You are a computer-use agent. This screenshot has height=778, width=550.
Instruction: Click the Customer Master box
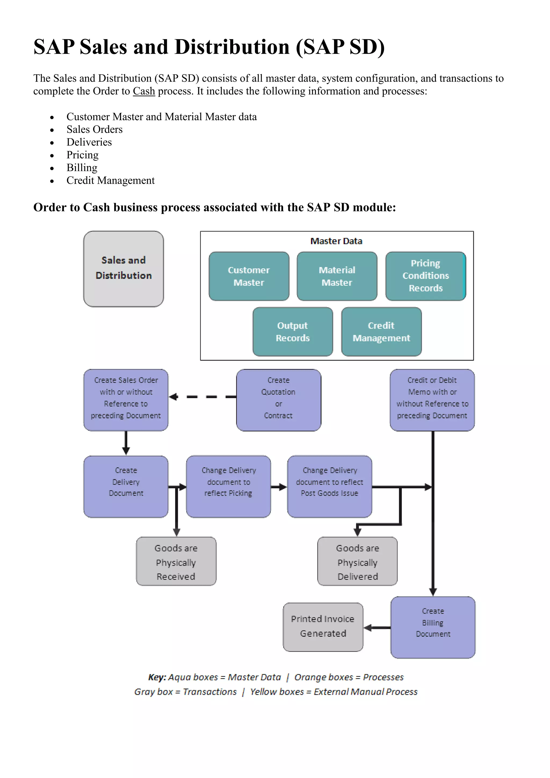click(x=249, y=276)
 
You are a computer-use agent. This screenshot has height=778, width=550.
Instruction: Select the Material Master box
click(x=337, y=276)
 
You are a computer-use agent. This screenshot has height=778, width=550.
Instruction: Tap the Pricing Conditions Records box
click(x=426, y=276)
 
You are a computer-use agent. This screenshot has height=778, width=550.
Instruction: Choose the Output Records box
click(x=293, y=332)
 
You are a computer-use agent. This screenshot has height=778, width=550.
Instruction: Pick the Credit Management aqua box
click(x=381, y=332)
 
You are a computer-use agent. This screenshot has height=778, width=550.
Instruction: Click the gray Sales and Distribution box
click(x=124, y=269)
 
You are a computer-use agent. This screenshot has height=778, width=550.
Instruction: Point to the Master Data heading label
click(x=336, y=241)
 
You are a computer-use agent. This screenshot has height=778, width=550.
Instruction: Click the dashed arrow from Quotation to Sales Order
click(x=203, y=397)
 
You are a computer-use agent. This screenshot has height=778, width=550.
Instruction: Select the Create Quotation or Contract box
click(x=278, y=400)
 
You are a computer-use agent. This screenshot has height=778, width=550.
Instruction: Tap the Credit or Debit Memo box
click(x=432, y=400)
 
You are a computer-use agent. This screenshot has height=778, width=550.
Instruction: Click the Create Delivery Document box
click(x=126, y=486)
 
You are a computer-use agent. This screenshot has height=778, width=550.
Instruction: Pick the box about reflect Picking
click(x=228, y=486)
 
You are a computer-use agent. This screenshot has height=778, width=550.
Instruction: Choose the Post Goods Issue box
click(x=330, y=486)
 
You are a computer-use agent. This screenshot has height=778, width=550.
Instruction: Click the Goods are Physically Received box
click(x=176, y=561)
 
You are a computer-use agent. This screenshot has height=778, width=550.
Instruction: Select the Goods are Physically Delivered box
click(x=357, y=561)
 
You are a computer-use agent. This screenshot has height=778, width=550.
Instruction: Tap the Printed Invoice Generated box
click(x=323, y=626)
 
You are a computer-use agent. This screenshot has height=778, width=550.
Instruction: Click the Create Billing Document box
click(x=433, y=627)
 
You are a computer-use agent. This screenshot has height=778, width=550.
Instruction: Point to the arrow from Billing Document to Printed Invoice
click(x=377, y=628)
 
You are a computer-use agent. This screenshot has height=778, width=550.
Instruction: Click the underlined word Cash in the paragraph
click(x=144, y=91)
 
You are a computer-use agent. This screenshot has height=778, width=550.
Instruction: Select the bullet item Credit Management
click(x=110, y=180)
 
